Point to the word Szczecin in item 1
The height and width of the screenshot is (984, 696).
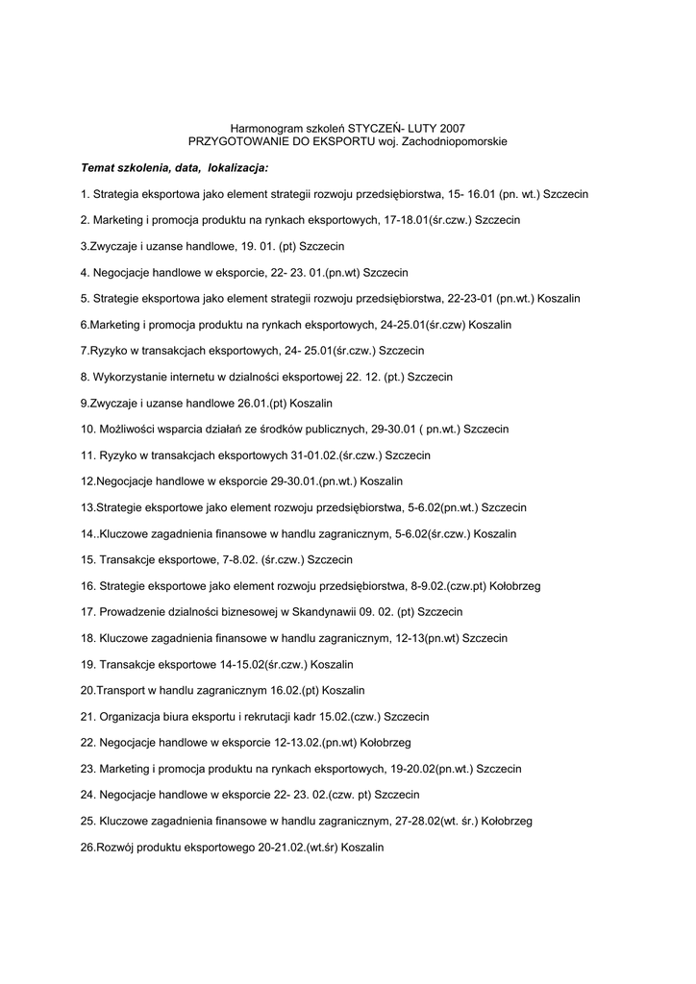(565, 194)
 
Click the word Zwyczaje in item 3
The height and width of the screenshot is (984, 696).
(115, 246)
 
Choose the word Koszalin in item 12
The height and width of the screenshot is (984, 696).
(380, 480)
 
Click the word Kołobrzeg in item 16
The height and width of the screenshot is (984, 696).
(516, 585)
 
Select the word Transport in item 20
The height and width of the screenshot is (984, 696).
(120, 690)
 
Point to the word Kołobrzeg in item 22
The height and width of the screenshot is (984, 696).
(385, 742)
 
